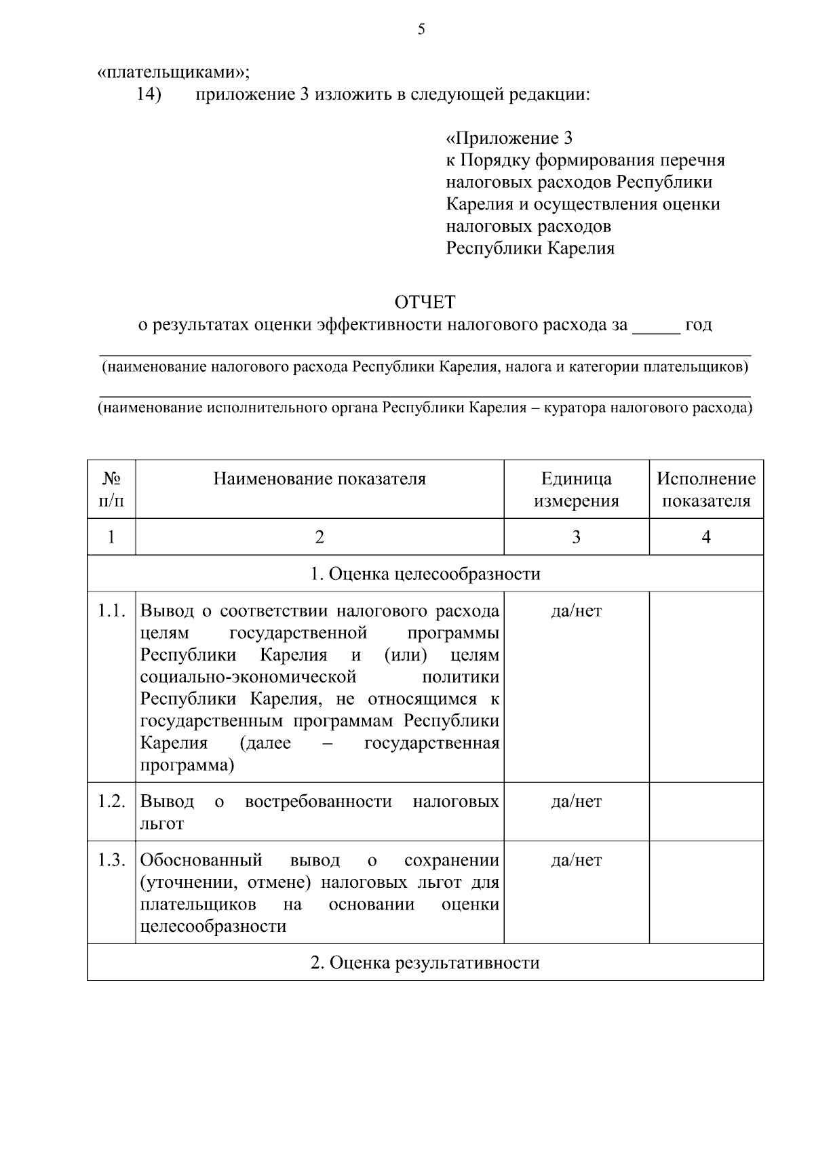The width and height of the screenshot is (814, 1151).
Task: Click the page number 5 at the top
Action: [x=421, y=29]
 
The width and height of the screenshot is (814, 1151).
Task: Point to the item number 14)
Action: [x=149, y=94]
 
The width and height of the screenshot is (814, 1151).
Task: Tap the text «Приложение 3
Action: [x=509, y=138]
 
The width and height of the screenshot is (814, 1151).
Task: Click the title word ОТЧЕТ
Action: [x=425, y=301]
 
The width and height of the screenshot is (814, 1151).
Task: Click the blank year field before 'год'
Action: [x=655, y=326]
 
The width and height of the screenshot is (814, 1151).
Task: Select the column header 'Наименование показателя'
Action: [x=319, y=479]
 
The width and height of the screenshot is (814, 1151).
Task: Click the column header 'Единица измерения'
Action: [x=576, y=490]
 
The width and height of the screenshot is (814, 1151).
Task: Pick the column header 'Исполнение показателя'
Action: [x=705, y=490]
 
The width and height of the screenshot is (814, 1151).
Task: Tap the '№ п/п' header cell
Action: [x=111, y=490]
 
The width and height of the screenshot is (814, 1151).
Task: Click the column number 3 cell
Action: [x=576, y=537]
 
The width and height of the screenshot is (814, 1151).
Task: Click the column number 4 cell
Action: [x=705, y=537]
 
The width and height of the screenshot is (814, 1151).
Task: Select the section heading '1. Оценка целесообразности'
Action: [x=425, y=574]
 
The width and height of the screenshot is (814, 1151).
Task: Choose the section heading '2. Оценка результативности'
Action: [x=425, y=962]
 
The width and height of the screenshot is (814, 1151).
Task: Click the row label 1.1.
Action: [x=111, y=610]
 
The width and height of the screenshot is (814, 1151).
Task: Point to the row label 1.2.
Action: [x=111, y=802]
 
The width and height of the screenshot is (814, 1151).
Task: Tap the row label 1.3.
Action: [x=111, y=861]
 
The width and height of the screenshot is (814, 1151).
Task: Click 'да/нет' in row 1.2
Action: [x=576, y=802]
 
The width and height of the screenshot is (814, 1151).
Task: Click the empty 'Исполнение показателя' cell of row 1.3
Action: [x=705, y=892]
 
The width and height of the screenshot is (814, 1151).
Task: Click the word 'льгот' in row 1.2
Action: [x=162, y=824]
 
